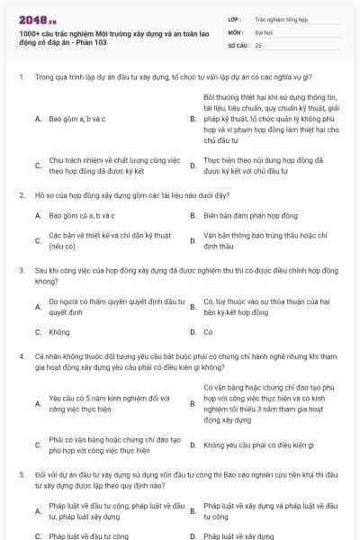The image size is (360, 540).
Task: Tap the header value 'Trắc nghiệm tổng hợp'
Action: coord(278,17)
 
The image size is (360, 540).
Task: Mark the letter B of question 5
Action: coord(193,512)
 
